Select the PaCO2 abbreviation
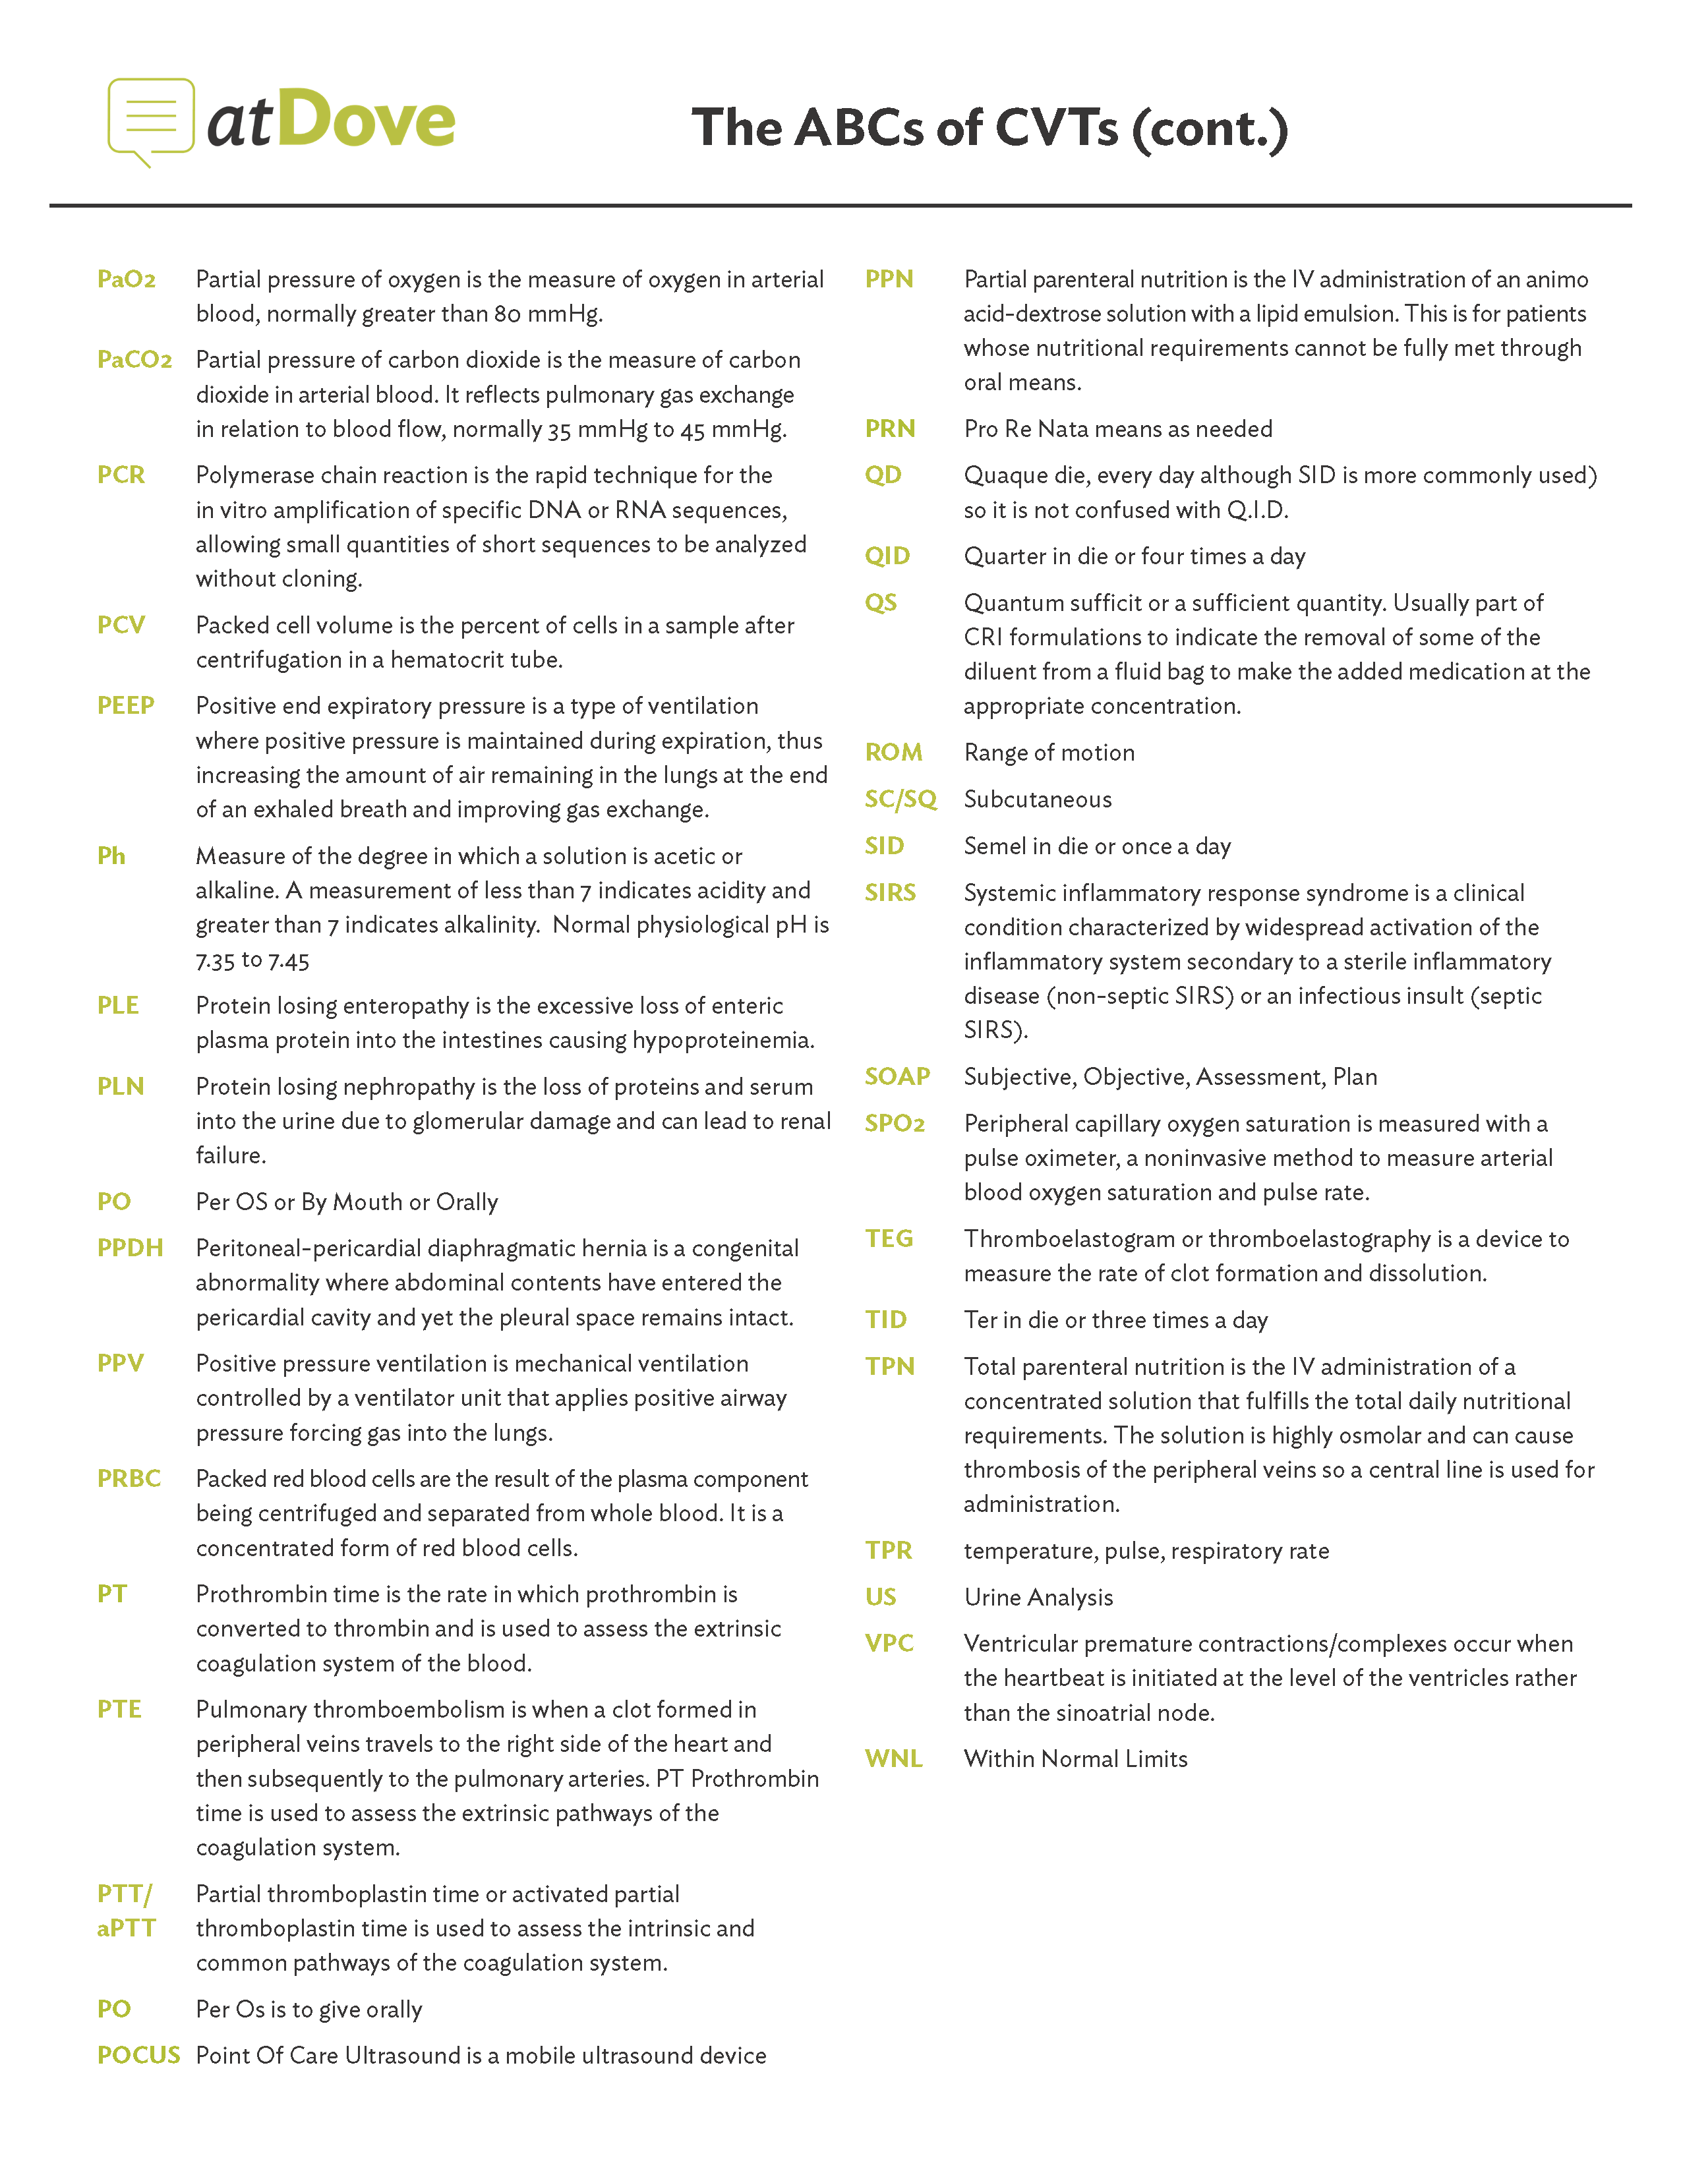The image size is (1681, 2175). pyautogui.click(x=134, y=359)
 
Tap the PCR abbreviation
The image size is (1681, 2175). pyautogui.click(x=121, y=475)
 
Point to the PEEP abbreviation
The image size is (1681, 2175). pyautogui.click(x=125, y=705)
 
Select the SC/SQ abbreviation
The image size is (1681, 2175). pyautogui.click(x=900, y=799)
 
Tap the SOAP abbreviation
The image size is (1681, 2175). pyautogui.click(x=897, y=1076)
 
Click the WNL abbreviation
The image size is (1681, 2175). pyautogui.click(x=893, y=1758)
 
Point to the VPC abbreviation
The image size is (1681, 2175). pyautogui.click(x=889, y=1643)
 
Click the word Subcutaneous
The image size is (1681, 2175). pyautogui.click(x=1038, y=799)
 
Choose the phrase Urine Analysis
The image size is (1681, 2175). pyautogui.click(x=1039, y=1598)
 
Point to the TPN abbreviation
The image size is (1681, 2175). pyautogui.click(x=889, y=1366)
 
